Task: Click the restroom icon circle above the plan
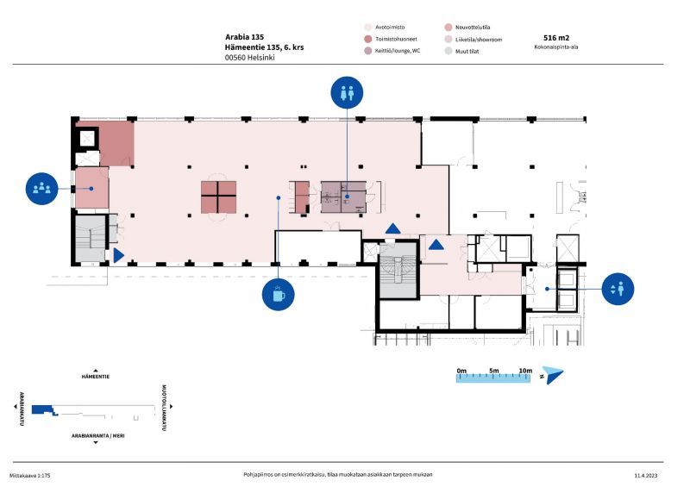tap(347, 92)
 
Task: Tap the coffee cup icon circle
tap(278, 294)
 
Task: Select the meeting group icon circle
tap(41, 188)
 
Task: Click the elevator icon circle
tap(618, 289)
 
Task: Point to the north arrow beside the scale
tap(553, 375)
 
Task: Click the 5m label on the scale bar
tap(494, 371)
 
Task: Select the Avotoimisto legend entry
tap(385, 28)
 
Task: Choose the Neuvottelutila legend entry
tap(467, 28)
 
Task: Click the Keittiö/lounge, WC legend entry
tap(392, 51)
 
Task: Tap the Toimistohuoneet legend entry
tap(391, 39)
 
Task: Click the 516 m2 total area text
tap(556, 38)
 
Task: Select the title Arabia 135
tap(245, 37)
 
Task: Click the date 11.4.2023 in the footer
tap(646, 476)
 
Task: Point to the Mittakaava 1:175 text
tap(30, 476)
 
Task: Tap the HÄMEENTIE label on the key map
tap(96, 377)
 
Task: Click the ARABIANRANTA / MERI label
tap(98, 436)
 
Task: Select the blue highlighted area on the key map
tap(44, 410)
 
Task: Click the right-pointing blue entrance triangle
tap(119, 256)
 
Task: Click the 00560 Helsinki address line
tap(249, 58)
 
